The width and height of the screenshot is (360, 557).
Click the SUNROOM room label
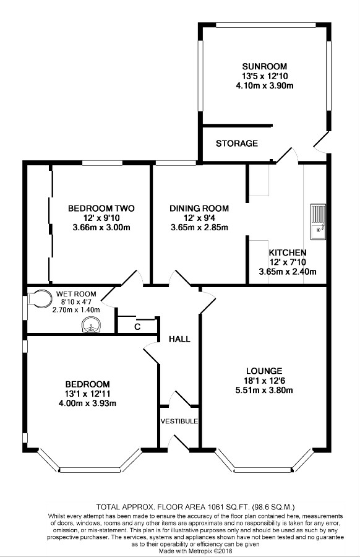265,66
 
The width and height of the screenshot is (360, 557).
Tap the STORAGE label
237,144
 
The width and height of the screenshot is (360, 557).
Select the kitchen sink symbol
318,222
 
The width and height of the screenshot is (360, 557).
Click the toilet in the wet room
40,299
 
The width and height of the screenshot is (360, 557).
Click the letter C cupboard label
137,327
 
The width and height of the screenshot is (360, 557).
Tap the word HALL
179,339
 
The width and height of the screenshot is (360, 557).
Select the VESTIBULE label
179,421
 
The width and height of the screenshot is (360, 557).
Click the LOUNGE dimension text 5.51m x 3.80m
264,391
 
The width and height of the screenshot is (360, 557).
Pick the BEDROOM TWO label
101,209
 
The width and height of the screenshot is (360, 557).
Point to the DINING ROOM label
199,209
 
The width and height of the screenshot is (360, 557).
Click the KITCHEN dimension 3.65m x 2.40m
288,272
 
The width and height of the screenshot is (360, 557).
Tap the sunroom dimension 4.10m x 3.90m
265,85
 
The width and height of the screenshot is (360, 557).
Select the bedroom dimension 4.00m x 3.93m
88,404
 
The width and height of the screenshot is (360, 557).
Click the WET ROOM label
76,294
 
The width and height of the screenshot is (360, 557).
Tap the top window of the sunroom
266,24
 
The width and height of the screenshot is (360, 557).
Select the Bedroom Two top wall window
103,163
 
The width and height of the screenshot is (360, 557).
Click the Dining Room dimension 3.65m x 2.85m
199,228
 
